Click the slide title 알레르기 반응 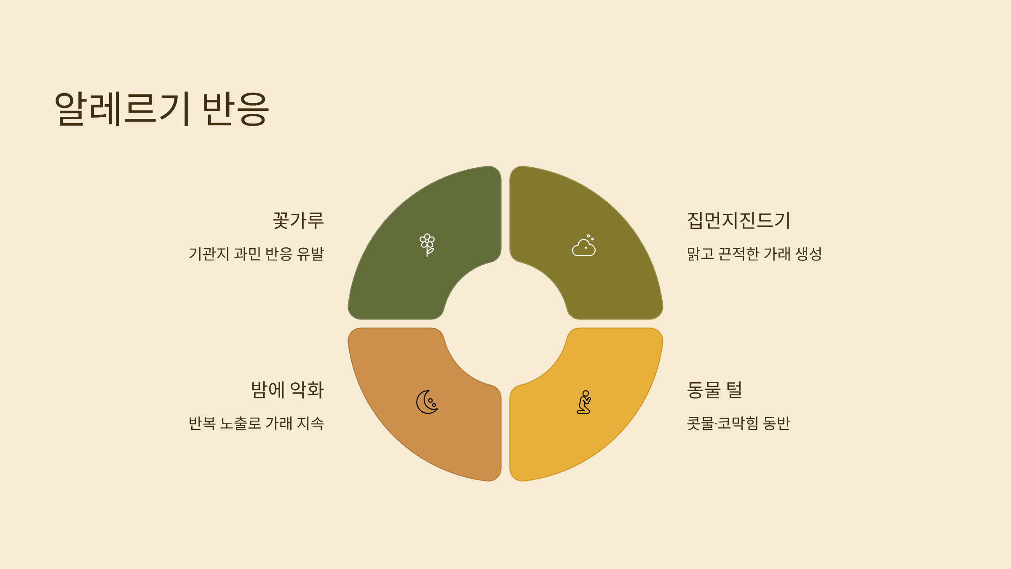click(x=162, y=109)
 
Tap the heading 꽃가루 click(x=298, y=220)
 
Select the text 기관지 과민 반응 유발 click(x=256, y=254)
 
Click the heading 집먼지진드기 click(x=739, y=220)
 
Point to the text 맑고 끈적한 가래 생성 click(x=754, y=254)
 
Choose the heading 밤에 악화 click(x=287, y=390)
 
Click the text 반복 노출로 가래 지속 click(x=256, y=423)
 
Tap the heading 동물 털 click(x=714, y=390)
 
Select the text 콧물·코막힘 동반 click(x=738, y=423)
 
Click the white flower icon click(x=427, y=245)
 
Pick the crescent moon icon click(x=427, y=402)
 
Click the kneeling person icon click(x=584, y=402)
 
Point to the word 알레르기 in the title click(x=122, y=109)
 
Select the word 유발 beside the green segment click(x=310, y=254)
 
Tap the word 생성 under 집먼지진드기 click(x=808, y=254)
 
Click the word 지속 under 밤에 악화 click(x=310, y=423)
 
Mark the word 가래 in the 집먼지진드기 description click(x=777, y=254)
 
